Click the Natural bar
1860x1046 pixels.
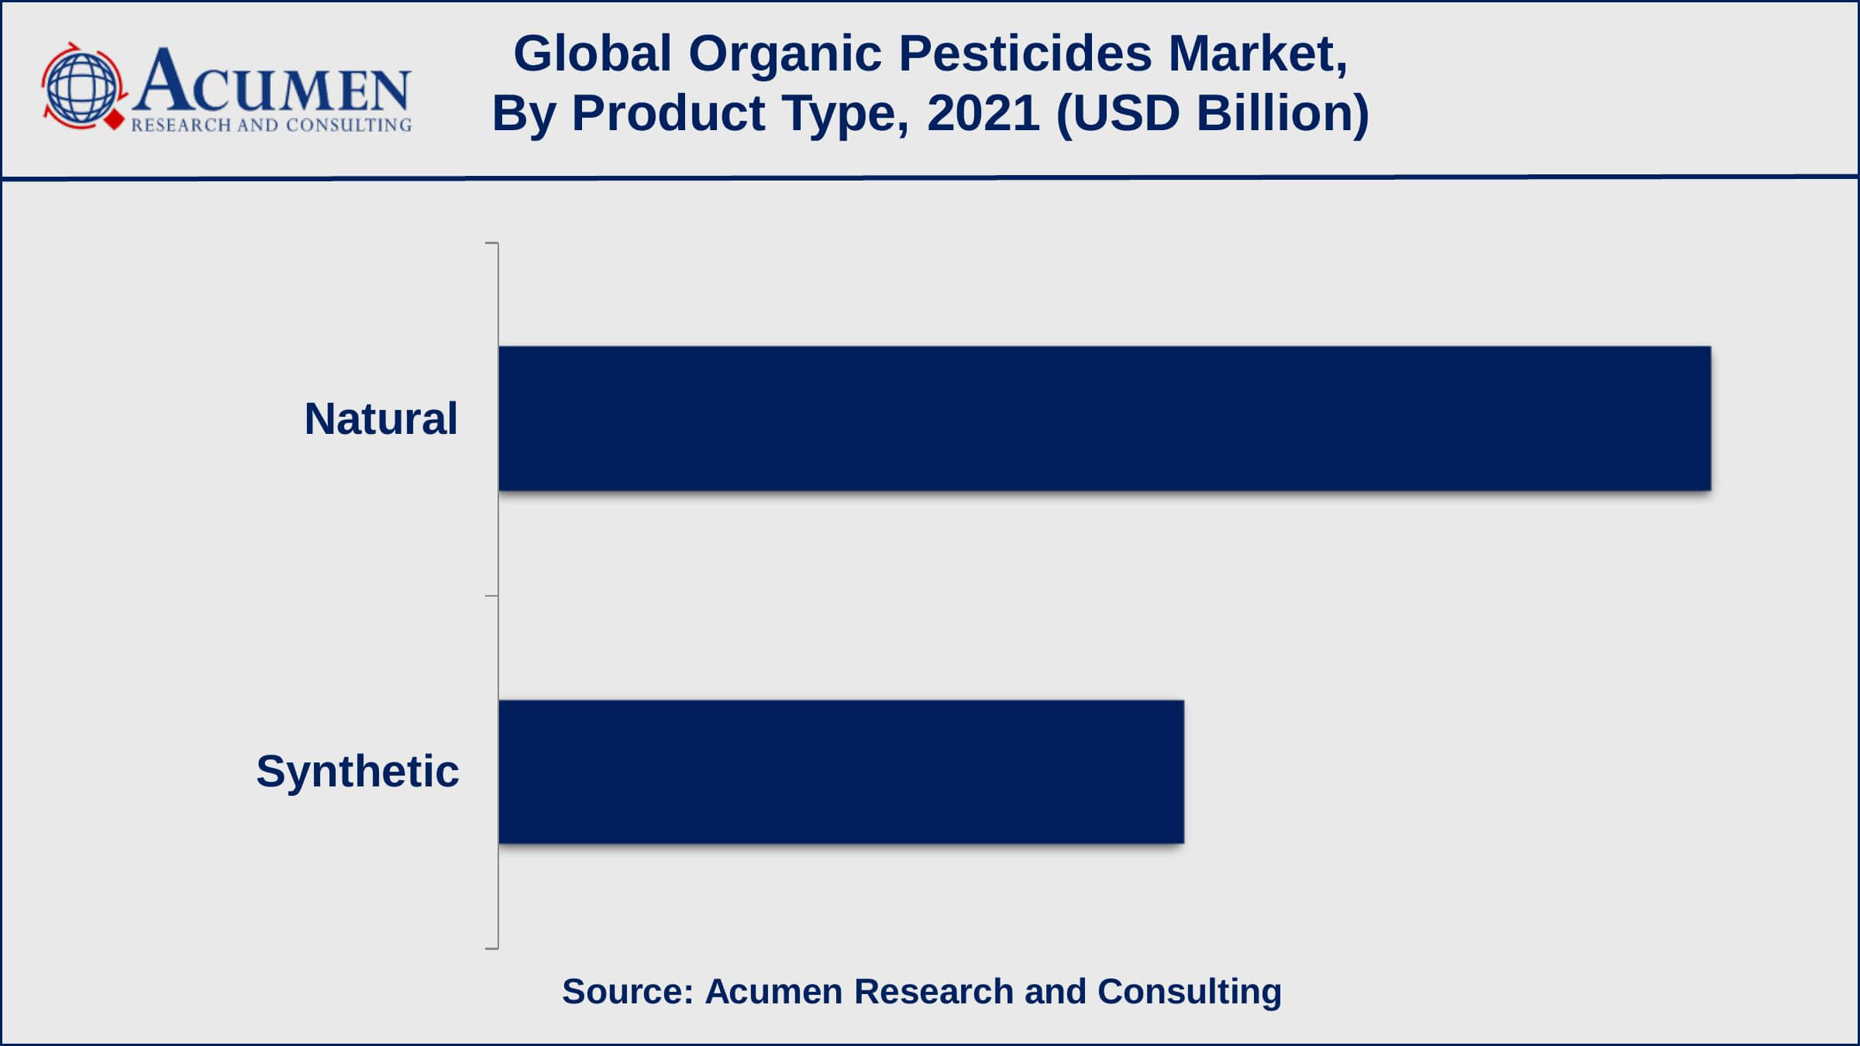(x=1104, y=418)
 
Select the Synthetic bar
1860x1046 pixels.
(x=841, y=772)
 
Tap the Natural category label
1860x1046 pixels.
(x=381, y=419)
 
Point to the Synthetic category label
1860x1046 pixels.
(x=357, y=772)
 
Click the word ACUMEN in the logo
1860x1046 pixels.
(x=271, y=82)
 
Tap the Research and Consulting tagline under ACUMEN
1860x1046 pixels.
(x=271, y=125)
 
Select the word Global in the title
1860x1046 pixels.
(x=592, y=54)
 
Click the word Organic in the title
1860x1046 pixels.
(x=785, y=54)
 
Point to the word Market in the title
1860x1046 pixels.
(x=1257, y=54)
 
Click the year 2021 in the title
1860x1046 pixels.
(x=983, y=113)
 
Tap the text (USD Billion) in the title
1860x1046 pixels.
(x=1212, y=113)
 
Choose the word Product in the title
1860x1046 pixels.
(x=668, y=113)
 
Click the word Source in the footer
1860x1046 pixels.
(x=627, y=992)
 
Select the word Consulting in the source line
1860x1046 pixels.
(x=1189, y=992)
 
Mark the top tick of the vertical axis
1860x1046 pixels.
(x=491, y=243)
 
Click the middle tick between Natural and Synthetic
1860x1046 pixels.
(x=491, y=596)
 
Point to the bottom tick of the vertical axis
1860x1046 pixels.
(x=491, y=948)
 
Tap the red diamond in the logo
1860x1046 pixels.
(x=115, y=122)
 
